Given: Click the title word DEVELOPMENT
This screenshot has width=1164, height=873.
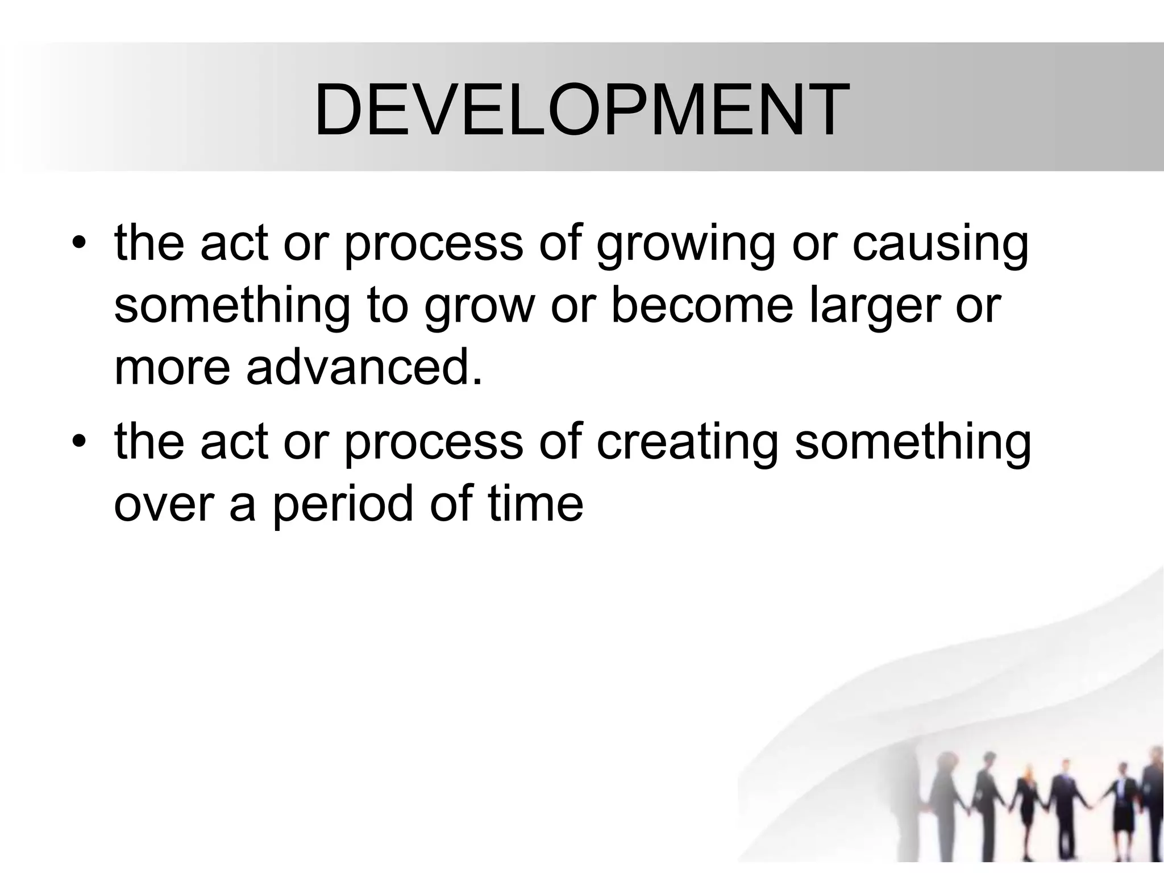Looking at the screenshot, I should [x=581, y=109].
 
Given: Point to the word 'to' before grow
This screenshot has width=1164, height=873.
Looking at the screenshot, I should [x=388, y=307].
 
